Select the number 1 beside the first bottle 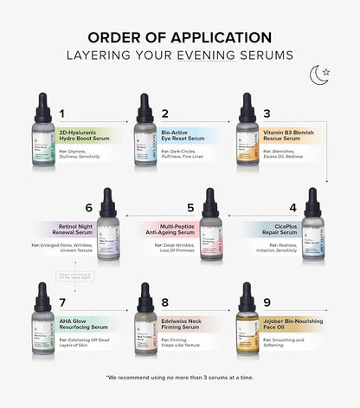(x=62, y=114)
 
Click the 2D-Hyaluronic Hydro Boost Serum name (x=89, y=137)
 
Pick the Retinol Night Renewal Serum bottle (x=107, y=229)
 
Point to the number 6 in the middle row (x=88, y=208)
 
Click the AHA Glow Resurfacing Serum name (x=84, y=324)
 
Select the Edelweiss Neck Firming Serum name (x=185, y=324)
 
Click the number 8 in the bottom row (x=164, y=302)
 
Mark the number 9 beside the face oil (x=267, y=302)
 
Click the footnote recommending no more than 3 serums (x=179, y=378)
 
